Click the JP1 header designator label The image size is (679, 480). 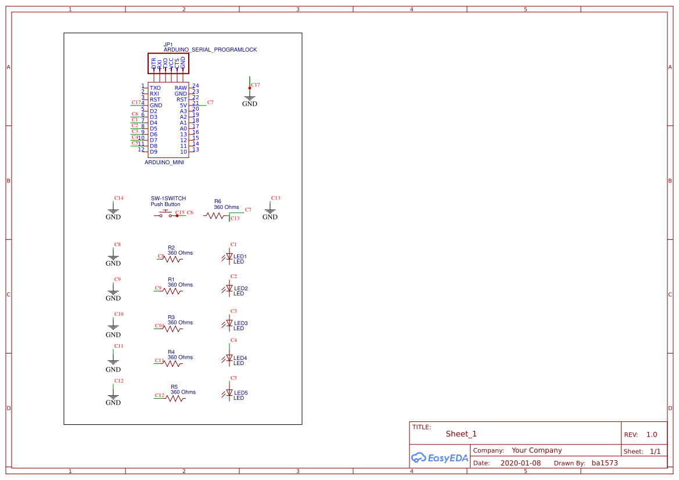[168, 44]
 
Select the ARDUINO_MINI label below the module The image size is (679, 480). [164, 163]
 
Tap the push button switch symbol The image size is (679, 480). [165, 215]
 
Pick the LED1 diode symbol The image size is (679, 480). [229, 257]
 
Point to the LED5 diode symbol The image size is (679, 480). [229, 393]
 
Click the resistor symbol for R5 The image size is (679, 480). [175, 398]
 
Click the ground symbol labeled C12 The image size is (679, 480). [113, 395]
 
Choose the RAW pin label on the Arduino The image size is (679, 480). [181, 88]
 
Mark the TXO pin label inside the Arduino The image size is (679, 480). [155, 88]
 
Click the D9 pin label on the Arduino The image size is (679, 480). [153, 152]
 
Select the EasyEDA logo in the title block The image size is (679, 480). [439, 457]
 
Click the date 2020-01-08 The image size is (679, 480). [520, 463]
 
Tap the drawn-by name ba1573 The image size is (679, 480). [605, 463]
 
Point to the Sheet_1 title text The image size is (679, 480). [461, 434]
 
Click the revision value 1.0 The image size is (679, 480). [652, 435]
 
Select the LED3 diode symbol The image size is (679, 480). [229, 323]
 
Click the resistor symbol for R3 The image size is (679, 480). [173, 329]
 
